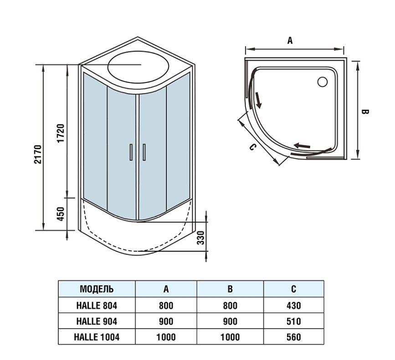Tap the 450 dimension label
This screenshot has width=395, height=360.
pyautogui.click(x=62, y=213)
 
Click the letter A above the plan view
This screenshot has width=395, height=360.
pyautogui.click(x=290, y=40)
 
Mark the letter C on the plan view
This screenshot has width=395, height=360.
pyautogui.click(x=252, y=147)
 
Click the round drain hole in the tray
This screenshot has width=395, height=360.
pyautogui.click(x=322, y=82)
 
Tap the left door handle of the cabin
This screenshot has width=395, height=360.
pyautogui.click(x=131, y=152)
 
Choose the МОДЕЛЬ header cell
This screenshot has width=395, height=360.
pyautogui.click(x=97, y=289)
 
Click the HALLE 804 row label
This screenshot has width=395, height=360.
pyautogui.click(x=97, y=305)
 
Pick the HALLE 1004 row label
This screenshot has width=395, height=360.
pyautogui.click(x=97, y=338)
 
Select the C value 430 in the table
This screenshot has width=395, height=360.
pyautogui.click(x=294, y=305)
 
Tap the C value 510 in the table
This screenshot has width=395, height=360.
pyautogui.click(x=294, y=321)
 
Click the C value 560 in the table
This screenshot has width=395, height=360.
pyautogui.click(x=294, y=338)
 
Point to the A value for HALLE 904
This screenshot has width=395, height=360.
pyautogui.click(x=166, y=321)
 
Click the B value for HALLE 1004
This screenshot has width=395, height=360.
pyautogui.click(x=230, y=338)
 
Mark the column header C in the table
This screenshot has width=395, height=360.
pyautogui.click(x=294, y=289)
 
